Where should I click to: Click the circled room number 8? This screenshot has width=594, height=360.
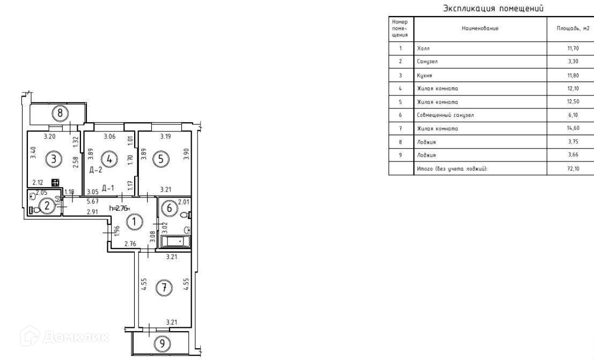[x=61, y=113]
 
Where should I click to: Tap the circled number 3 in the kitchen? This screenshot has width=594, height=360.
[x=52, y=159]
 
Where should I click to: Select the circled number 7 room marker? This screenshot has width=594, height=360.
[x=164, y=288]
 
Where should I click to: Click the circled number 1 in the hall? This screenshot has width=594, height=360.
[x=135, y=221]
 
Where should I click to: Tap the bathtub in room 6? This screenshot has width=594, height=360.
[x=176, y=241]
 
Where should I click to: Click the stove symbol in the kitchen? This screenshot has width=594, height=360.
[x=55, y=182]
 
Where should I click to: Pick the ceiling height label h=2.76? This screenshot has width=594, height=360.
[x=120, y=208]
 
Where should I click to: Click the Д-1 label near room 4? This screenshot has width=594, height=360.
[x=108, y=188]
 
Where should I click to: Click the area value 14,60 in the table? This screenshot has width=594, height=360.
[x=573, y=129]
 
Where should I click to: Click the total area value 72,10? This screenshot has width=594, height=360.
[x=573, y=169]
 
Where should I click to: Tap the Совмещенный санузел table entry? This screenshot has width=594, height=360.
[x=445, y=115]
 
